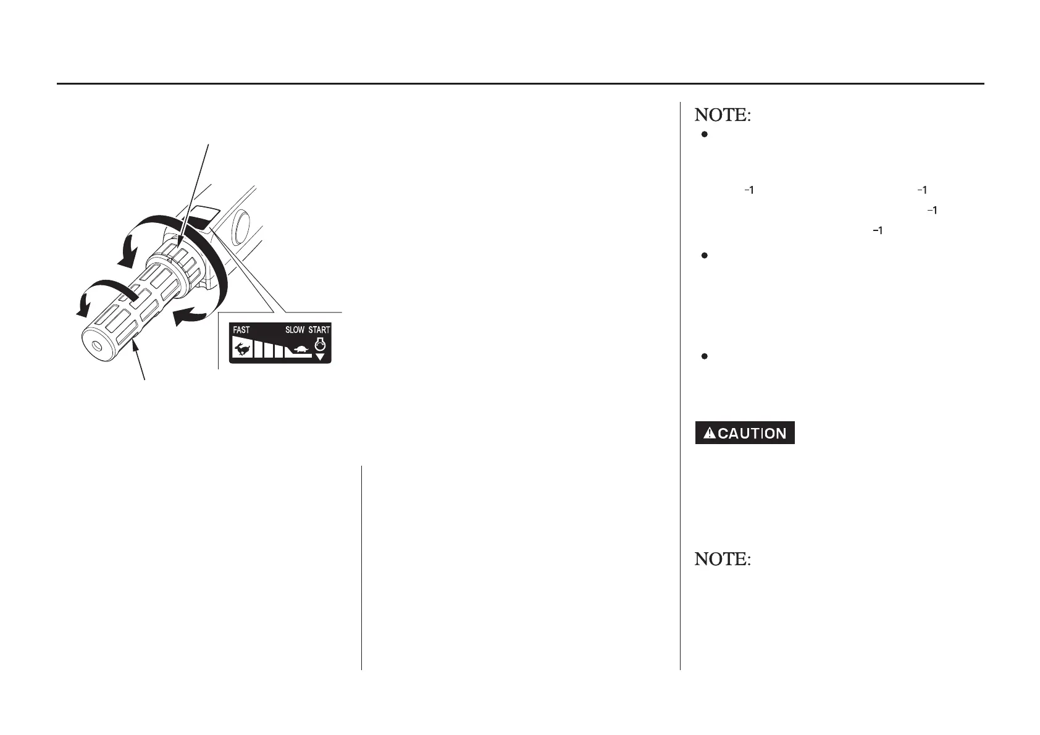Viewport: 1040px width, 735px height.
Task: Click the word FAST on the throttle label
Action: (241, 330)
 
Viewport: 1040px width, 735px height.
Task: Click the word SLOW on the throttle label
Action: (295, 330)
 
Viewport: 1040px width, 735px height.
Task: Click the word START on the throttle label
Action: (319, 330)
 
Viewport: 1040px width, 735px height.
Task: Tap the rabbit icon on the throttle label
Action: (241, 350)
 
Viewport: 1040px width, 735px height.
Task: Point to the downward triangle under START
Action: (320, 357)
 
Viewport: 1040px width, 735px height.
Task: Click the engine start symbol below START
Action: (320, 344)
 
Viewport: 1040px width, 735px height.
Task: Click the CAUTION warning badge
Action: (744, 433)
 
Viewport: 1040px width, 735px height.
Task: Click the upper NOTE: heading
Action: (723, 115)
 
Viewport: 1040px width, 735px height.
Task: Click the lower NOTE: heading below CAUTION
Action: (723, 559)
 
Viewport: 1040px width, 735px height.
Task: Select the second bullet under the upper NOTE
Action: (704, 255)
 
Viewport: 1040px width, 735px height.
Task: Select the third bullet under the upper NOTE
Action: (704, 356)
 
